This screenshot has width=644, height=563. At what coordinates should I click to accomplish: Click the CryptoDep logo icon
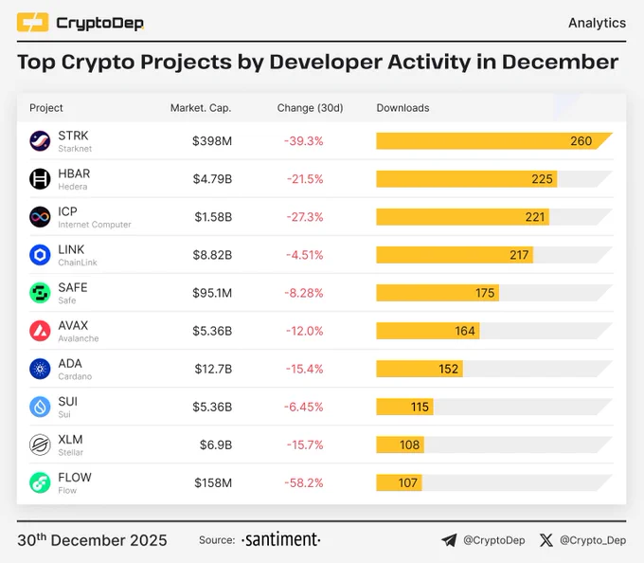pos(32,22)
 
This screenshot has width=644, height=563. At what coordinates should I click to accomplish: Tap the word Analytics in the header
pos(598,23)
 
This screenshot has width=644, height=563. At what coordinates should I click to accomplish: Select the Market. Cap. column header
pos(201,108)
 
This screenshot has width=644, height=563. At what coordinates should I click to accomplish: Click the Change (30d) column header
pos(310,108)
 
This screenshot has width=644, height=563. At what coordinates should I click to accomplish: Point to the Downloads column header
pos(402,108)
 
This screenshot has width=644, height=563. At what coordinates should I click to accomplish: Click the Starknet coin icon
pos(40,141)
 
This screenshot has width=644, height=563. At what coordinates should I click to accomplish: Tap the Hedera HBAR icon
pos(40,179)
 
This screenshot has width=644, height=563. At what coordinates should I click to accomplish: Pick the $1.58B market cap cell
pos(213,217)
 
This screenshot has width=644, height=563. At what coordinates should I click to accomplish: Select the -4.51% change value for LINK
pos(305,255)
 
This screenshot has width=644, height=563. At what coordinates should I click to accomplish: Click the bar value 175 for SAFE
pos(485,293)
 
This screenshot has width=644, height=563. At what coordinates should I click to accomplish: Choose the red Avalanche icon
pos(40,331)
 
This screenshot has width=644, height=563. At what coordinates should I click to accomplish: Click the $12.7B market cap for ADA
pos(213,369)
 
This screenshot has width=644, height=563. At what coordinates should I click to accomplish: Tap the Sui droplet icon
pos(40,407)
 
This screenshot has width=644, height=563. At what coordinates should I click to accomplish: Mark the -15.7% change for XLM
pos(305,445)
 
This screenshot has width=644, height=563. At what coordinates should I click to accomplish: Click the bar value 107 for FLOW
pos(408,482)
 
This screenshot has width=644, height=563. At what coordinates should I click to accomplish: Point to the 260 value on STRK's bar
pos(581,141)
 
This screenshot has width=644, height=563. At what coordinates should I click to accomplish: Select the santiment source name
pos(281,539)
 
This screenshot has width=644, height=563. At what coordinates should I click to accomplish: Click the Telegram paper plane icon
pos(449,540)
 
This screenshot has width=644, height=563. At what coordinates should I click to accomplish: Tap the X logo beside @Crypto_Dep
pos(546,540)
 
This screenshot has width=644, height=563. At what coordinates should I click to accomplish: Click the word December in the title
pos(560,62)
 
